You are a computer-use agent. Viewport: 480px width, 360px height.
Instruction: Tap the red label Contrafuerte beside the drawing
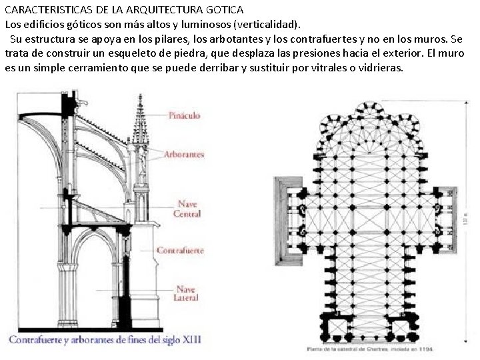tap(180, 251)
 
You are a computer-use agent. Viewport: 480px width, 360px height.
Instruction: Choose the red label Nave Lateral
tap(186, 294)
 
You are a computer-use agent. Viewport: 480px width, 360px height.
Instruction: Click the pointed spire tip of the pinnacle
tap(141, 97)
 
